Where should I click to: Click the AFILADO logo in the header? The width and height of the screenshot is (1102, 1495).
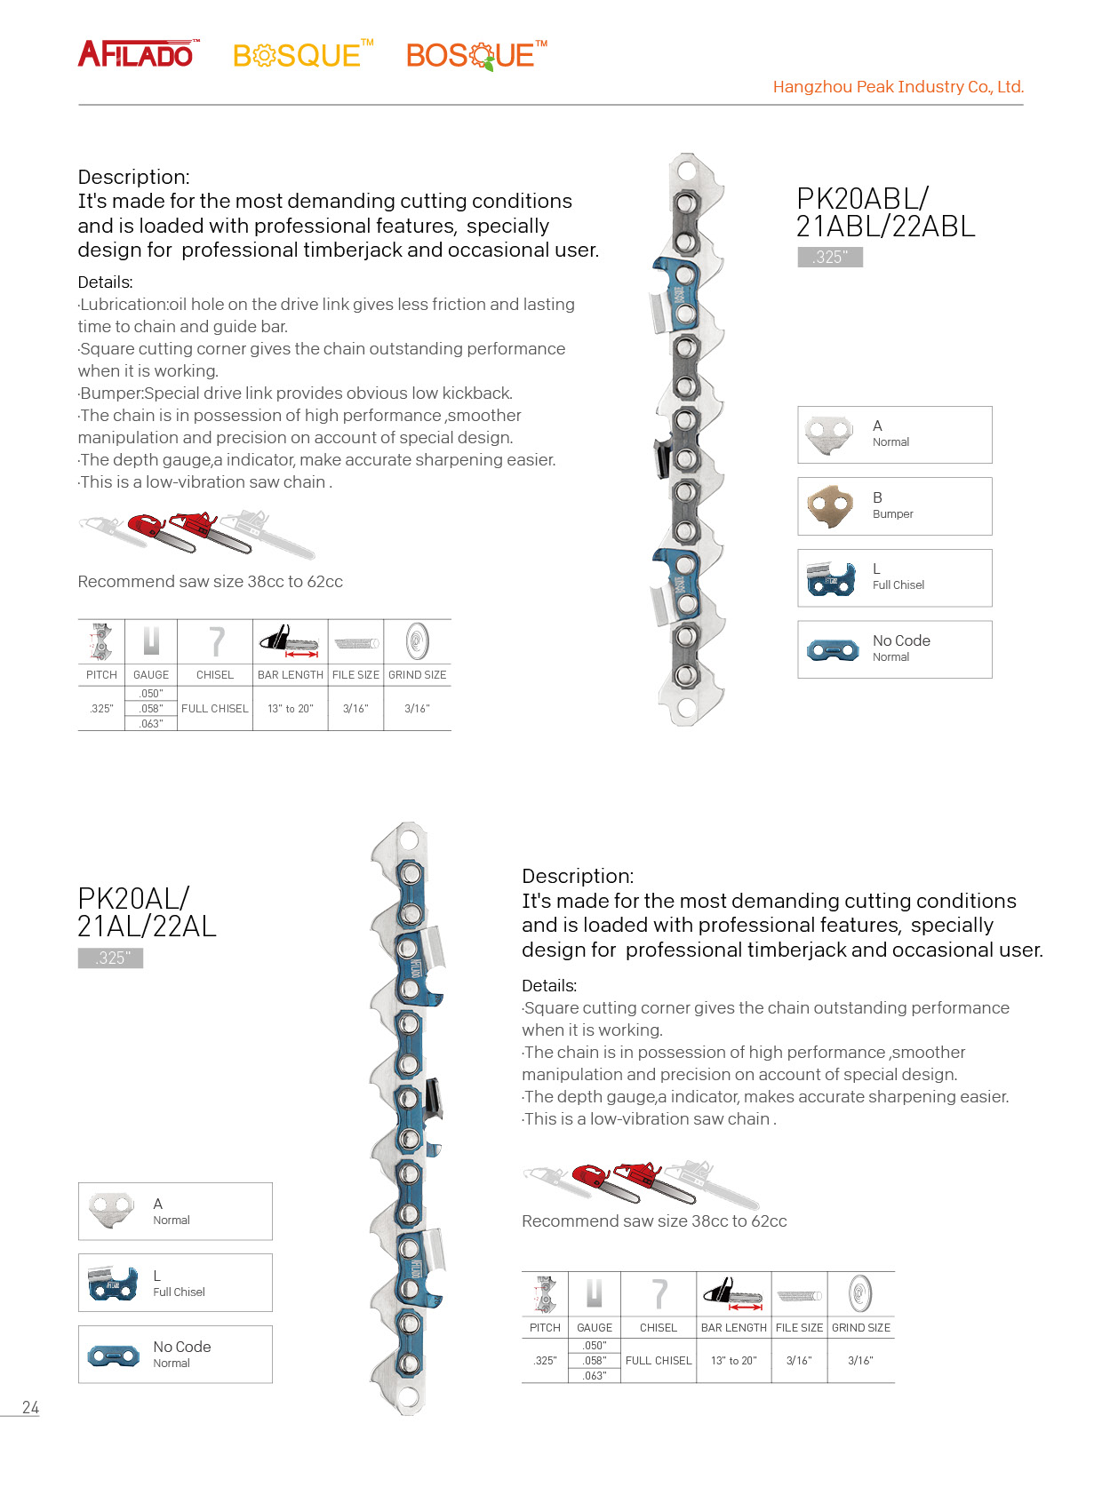(138, 54)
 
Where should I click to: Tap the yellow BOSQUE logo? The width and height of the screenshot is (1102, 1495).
(302, 55)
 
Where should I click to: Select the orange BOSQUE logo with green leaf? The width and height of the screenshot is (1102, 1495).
(475, 55)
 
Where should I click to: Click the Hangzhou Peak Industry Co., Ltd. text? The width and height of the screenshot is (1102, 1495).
(898, 87)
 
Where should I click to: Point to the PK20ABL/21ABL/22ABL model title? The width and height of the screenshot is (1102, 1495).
(885, 212)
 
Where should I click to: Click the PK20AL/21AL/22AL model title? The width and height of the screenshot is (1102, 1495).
(147, 912)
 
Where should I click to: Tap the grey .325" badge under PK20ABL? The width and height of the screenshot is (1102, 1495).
(830, 258)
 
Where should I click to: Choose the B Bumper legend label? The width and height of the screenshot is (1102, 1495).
(892, 505)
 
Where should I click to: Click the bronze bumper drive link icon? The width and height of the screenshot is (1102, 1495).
(830, 506)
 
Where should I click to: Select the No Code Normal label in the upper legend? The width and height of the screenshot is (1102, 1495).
(900, 648)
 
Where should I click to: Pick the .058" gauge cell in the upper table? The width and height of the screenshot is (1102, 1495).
(151, 709)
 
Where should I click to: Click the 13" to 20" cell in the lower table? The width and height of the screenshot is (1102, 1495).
(734, 1361)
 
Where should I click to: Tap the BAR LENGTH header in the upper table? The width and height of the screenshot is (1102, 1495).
(291, 675)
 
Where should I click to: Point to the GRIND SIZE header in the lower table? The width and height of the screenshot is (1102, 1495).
(860, 1328)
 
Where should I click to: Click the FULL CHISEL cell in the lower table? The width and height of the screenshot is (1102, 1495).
(659, 1361)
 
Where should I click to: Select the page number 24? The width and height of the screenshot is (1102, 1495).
(30, 1408)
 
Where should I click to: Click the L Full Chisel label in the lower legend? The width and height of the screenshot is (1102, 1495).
(178, 1284)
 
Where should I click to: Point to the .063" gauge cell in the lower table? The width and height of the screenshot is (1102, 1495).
(595, 1376)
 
